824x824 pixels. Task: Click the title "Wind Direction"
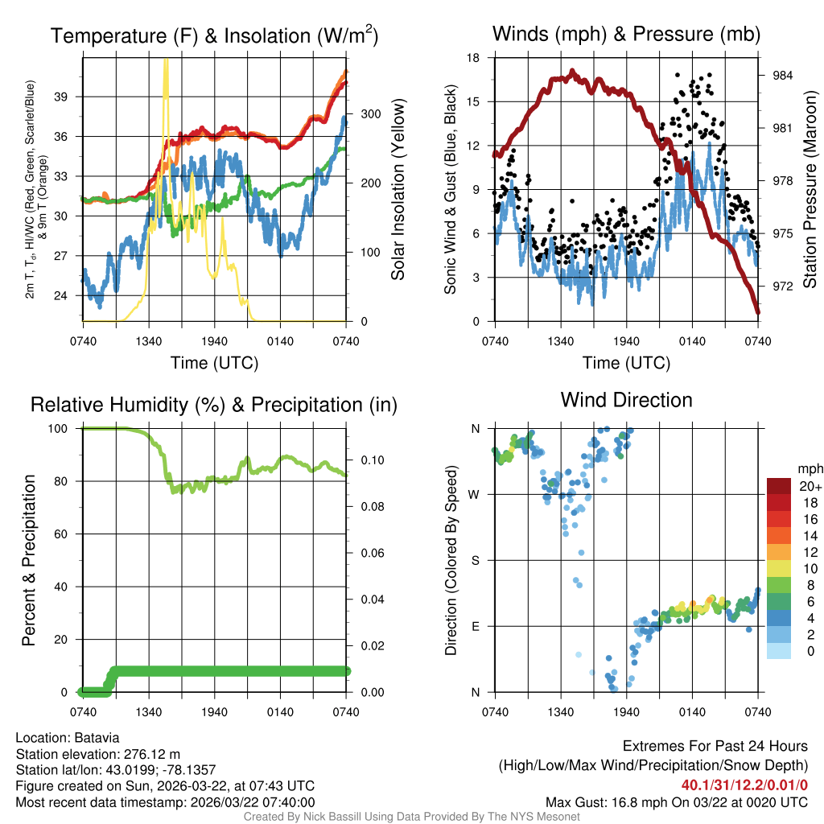click(x=626, y=400)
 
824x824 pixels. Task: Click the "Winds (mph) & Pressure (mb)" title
click(x=626, y=35)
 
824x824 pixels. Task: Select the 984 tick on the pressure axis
click(x=784, y=76)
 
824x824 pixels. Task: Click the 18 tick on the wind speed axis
click(x=474, y=58)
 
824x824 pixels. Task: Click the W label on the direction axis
click(x=474, y=494)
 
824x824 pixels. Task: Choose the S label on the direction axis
click(x=475, y=560)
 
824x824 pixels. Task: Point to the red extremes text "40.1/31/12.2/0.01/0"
click(x=744, y=785)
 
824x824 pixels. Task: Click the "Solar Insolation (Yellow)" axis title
click(x=398, y=190)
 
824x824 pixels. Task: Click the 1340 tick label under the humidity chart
click(x=148, y=712)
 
